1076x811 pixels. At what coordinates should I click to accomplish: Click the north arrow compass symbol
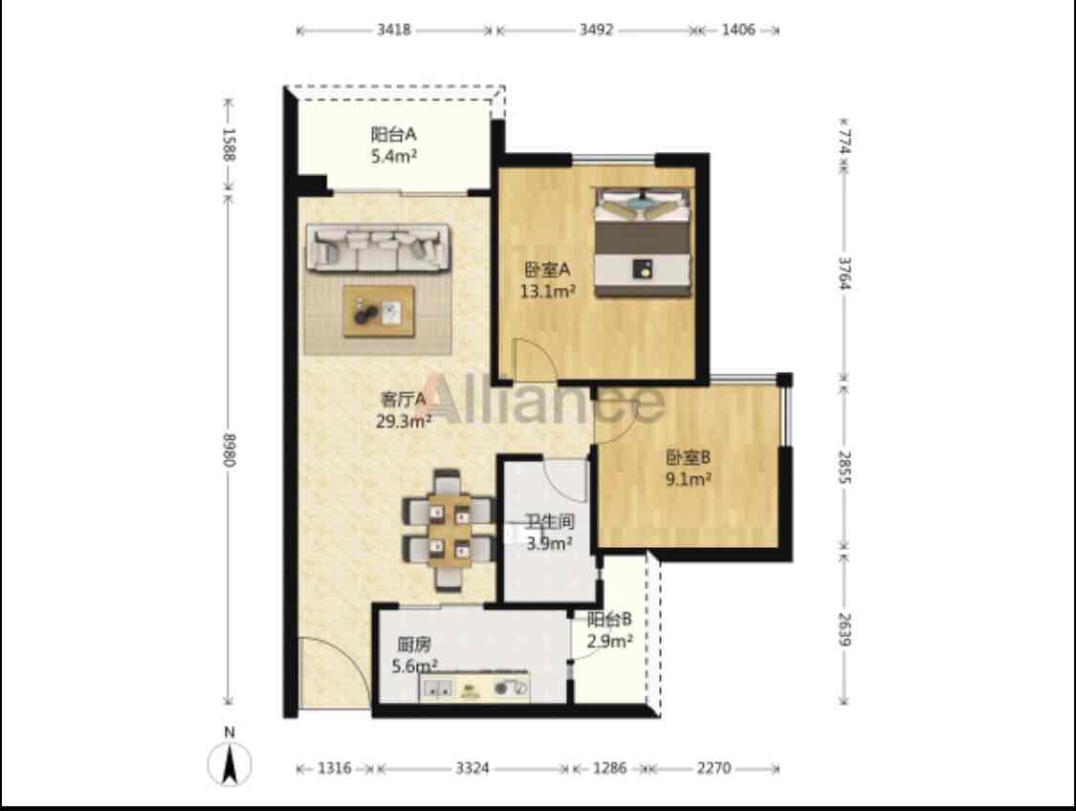point(230,761)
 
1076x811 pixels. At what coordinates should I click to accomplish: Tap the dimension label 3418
point(393,30)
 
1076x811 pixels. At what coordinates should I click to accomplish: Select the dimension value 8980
point(229,450)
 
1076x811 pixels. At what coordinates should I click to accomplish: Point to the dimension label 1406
point(738,30)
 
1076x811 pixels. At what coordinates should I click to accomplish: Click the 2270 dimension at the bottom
point(714,768)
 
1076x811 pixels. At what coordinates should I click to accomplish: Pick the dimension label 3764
point(845,273)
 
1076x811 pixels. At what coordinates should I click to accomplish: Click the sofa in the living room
point(378,248)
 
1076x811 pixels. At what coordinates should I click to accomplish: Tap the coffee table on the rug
point(379,312)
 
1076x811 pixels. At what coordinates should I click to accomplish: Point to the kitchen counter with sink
point(474,687)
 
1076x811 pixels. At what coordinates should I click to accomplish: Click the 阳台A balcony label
point(393,134)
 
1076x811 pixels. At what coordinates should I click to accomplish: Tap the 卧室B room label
point(688,456)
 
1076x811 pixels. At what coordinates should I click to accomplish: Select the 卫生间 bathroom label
point(550,521)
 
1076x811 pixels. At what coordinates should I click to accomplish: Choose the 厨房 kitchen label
point(414,645)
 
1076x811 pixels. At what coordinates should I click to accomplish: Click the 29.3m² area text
point(404,421)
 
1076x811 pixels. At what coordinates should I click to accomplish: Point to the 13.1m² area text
point(547,291)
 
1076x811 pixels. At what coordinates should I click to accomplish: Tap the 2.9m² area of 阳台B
point(609,642)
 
